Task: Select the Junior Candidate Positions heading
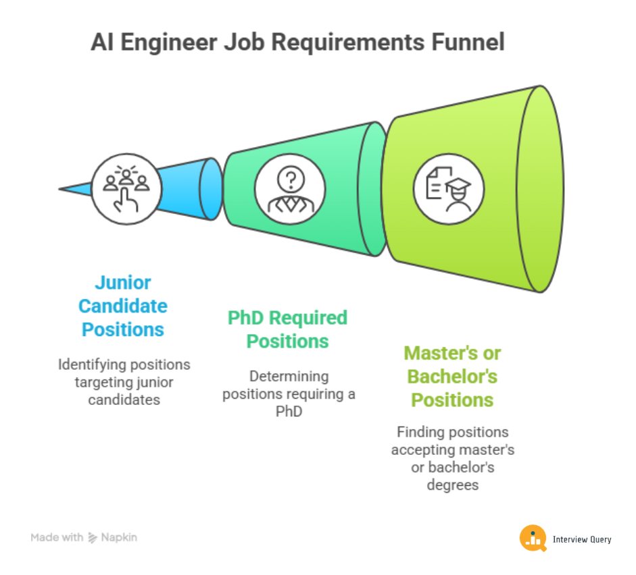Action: coord(122,306)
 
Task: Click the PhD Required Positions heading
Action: coord(287,329)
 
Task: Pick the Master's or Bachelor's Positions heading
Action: coord(452,376)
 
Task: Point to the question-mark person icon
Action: coord(291,189)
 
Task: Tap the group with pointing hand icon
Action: coord(126,188)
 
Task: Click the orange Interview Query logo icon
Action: coord(533,538)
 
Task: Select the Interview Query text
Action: coord(582,539)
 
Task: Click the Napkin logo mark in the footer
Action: coord(93,537)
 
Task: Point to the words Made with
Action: coord(57,538)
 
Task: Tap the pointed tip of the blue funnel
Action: coord(62,189)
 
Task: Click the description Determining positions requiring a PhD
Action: coord(289,393)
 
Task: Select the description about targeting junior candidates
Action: coord(124,382)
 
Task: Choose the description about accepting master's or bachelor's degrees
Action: coord(452,458)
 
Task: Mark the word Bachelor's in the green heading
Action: coord(452,376)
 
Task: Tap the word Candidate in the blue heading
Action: coord(122,306)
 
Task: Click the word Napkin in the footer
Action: coord(119,538)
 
